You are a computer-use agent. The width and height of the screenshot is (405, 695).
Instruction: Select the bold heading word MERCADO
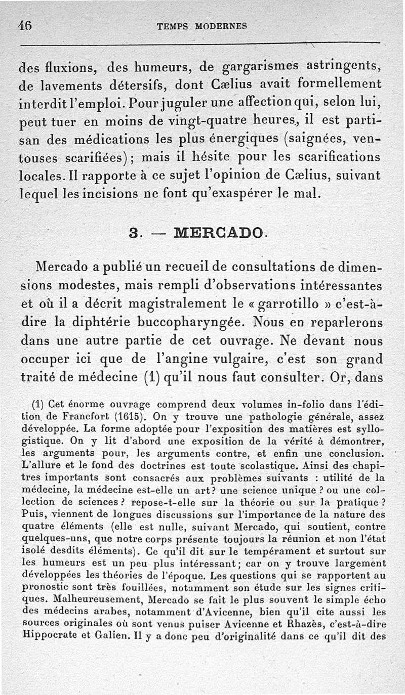(218, 234)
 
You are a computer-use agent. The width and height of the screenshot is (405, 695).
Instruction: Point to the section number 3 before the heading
(134, 234)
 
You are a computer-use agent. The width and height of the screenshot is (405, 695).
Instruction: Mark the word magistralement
(175, 303)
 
